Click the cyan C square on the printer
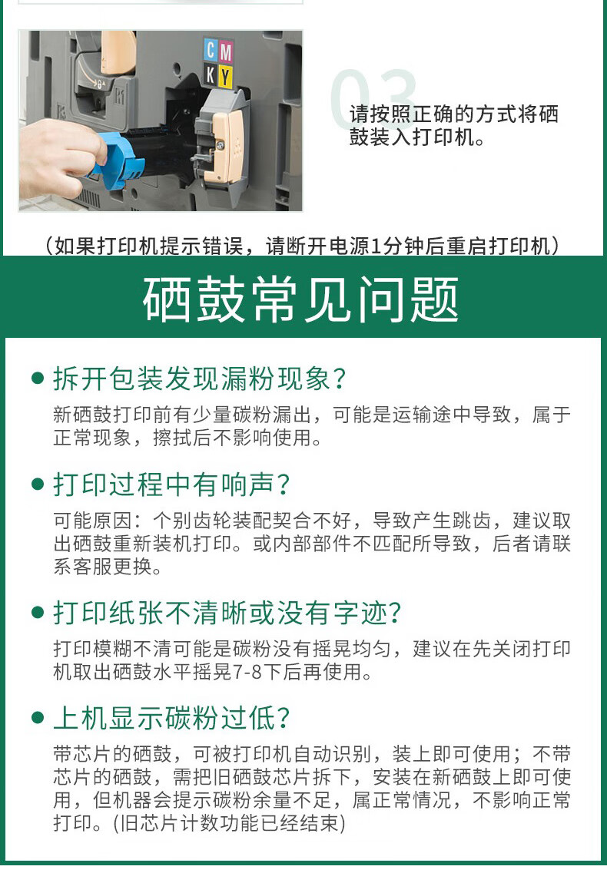tap(211, 51)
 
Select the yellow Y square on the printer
tap(224, 76)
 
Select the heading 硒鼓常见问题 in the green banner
tap(301, 299)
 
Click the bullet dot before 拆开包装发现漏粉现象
tap(38, 379)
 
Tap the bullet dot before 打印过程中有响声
tap(38, 484)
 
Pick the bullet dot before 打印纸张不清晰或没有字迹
tap(38, 613)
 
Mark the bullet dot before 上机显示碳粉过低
tap(38, 718)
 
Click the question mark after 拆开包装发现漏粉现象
tap(339, 379)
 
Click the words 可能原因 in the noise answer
tap(92, 521)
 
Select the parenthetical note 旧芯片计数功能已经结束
tap(230, 823)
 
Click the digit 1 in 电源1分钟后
tap(376, 246)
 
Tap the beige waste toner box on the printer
tap(227, 146)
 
